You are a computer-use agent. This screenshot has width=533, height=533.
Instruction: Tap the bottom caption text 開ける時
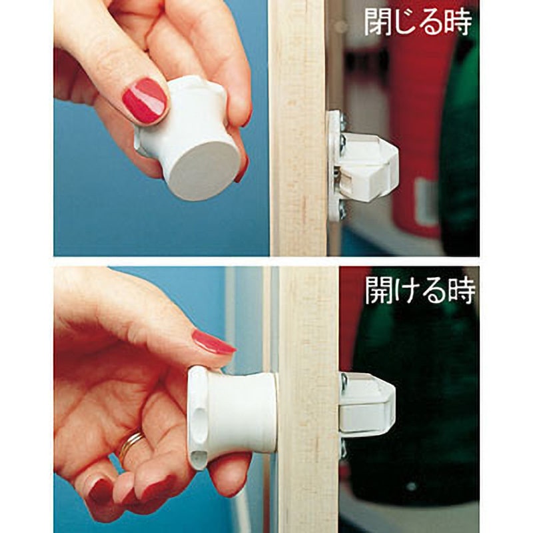pyautogui.click(x=419, y=290)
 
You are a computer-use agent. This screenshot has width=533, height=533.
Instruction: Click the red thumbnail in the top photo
pyautogui.click(x=144, y=101)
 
